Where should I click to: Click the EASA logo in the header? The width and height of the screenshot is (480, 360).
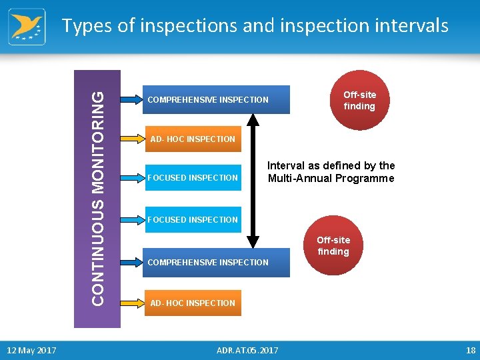click(27, 27)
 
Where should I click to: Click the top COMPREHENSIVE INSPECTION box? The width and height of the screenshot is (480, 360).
click(216, 100)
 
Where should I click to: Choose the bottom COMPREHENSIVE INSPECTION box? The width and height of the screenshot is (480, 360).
click(216, 262)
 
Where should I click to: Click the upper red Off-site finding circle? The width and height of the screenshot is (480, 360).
click(359, 100)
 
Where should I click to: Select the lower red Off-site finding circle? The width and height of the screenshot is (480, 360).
click(333, 245)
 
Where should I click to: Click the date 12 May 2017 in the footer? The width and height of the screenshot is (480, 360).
click(31, 350)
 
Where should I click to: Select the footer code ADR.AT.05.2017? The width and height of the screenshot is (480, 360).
click(248, 350)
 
